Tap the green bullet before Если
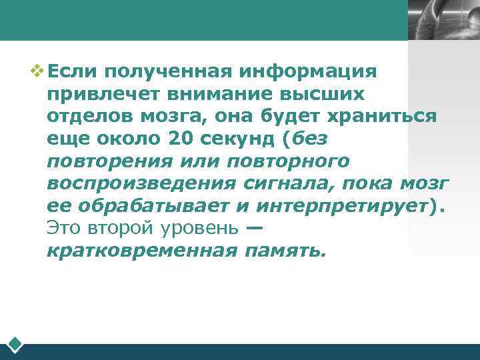click(x=38, y=70)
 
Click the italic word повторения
click(x=109, y=161)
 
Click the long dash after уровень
click(x=254, y=228)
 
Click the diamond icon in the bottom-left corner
click(x=15, y=345)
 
